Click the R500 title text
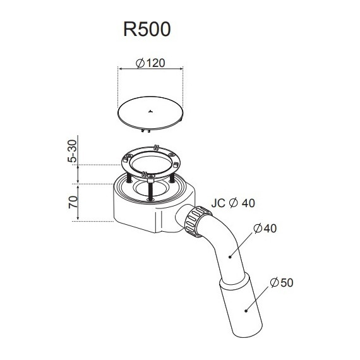point(147,29)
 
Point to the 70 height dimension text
point(73,202)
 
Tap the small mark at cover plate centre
point(150,112)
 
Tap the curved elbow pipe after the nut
point(224,246)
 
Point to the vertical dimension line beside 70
point(79,202)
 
